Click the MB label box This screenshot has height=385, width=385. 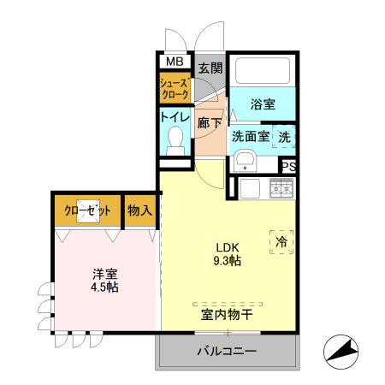pyautogui.click(x=174, y=62)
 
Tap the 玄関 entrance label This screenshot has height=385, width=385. pyautogui.click(x=210, y=67)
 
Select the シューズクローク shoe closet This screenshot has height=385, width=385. pyautogui.click(x=175, y=89)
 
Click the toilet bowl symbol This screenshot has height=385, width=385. pyautogui.click(x=176, y=138)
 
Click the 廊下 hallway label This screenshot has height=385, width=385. pyautogui.click(x=210, y=122)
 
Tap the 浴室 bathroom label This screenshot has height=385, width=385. pyautogui.click(x=263, y=104)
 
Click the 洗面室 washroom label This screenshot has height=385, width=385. pyautogui.click(x=250, y=135)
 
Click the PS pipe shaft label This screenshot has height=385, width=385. pyautogui.click(x=289, y=167)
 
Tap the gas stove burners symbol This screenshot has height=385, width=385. pyautogui.click(x=281, y=188)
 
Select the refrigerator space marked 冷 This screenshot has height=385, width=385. pyautogui.click(x=281, y=242)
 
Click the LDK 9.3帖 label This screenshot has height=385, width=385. pyautogui.click(x=228, y=247)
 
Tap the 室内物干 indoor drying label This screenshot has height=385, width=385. pyautogui.click(x=227, y=314)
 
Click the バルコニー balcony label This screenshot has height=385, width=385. pyautogui.click(x=227, y=351)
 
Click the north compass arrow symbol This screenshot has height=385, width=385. pyautogui.click(x=341, y=351)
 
